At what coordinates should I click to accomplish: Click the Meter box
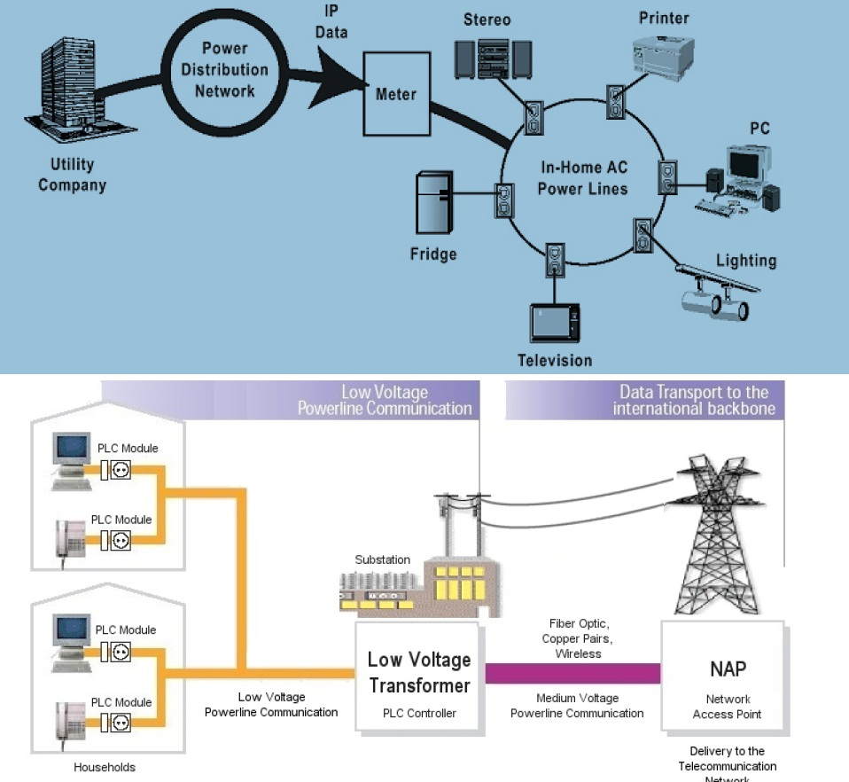[x=395, y=93]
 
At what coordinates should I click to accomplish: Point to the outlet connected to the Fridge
[x=502, y=201]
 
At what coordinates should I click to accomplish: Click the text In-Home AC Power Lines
[x=582, y=178]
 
